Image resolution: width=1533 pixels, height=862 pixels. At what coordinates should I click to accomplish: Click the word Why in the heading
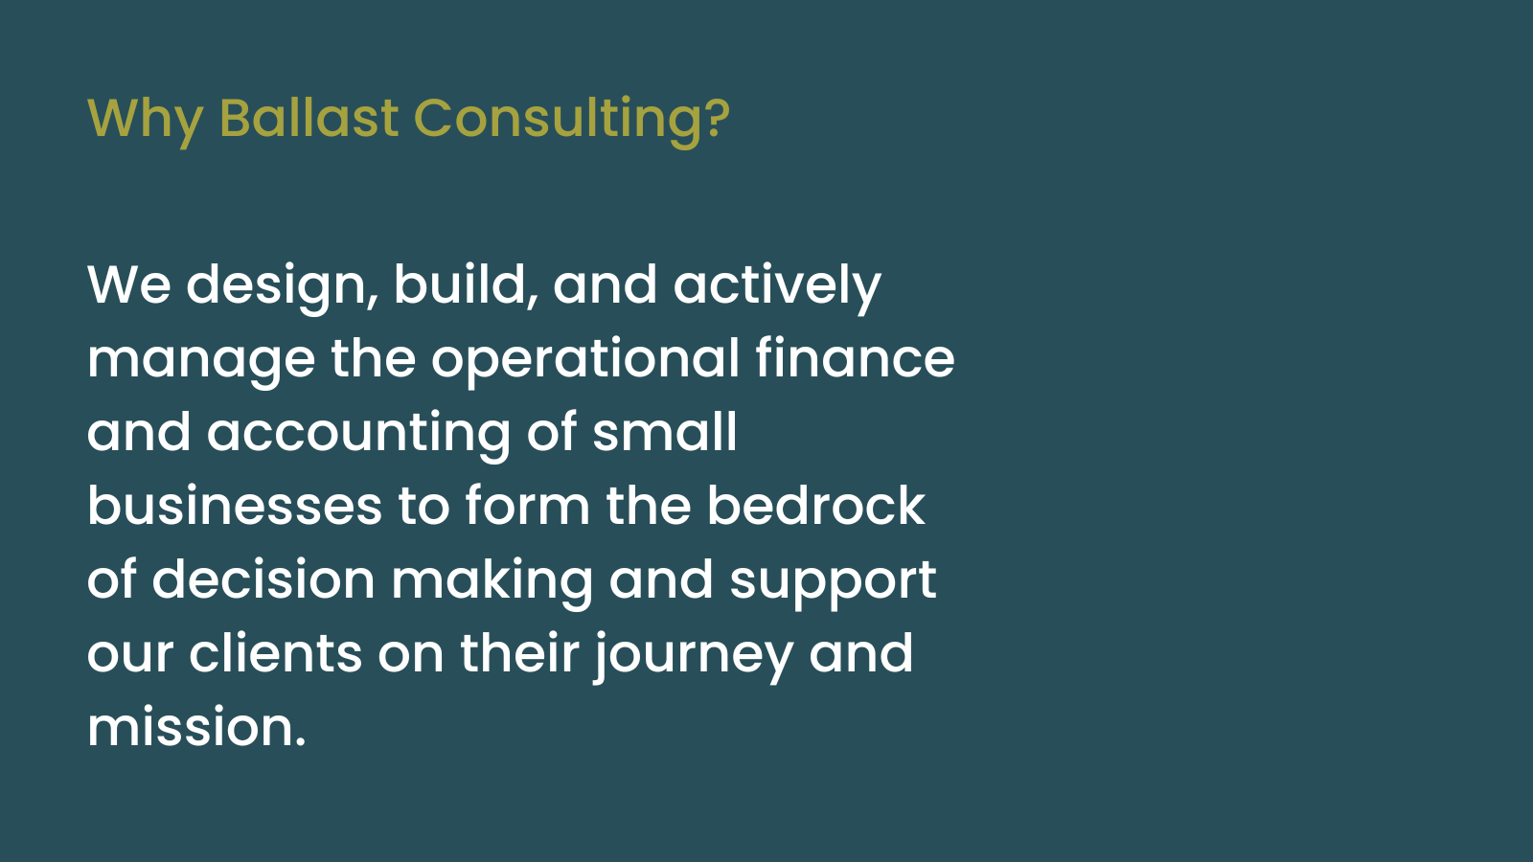coord(145,119)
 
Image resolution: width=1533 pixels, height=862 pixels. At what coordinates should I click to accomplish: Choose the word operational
coord(585,360)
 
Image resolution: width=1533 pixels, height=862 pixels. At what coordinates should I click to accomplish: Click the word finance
coord(855,360)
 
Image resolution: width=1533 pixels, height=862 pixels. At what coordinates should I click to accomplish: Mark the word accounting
coord(358,433)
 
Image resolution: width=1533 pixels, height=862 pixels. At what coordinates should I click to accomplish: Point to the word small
coord(665,433)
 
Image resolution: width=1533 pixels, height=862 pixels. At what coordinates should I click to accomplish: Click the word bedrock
coord(815,507)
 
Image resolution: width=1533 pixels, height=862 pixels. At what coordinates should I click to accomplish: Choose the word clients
coord(276,654)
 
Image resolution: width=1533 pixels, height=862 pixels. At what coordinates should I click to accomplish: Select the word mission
coord(195,728)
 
